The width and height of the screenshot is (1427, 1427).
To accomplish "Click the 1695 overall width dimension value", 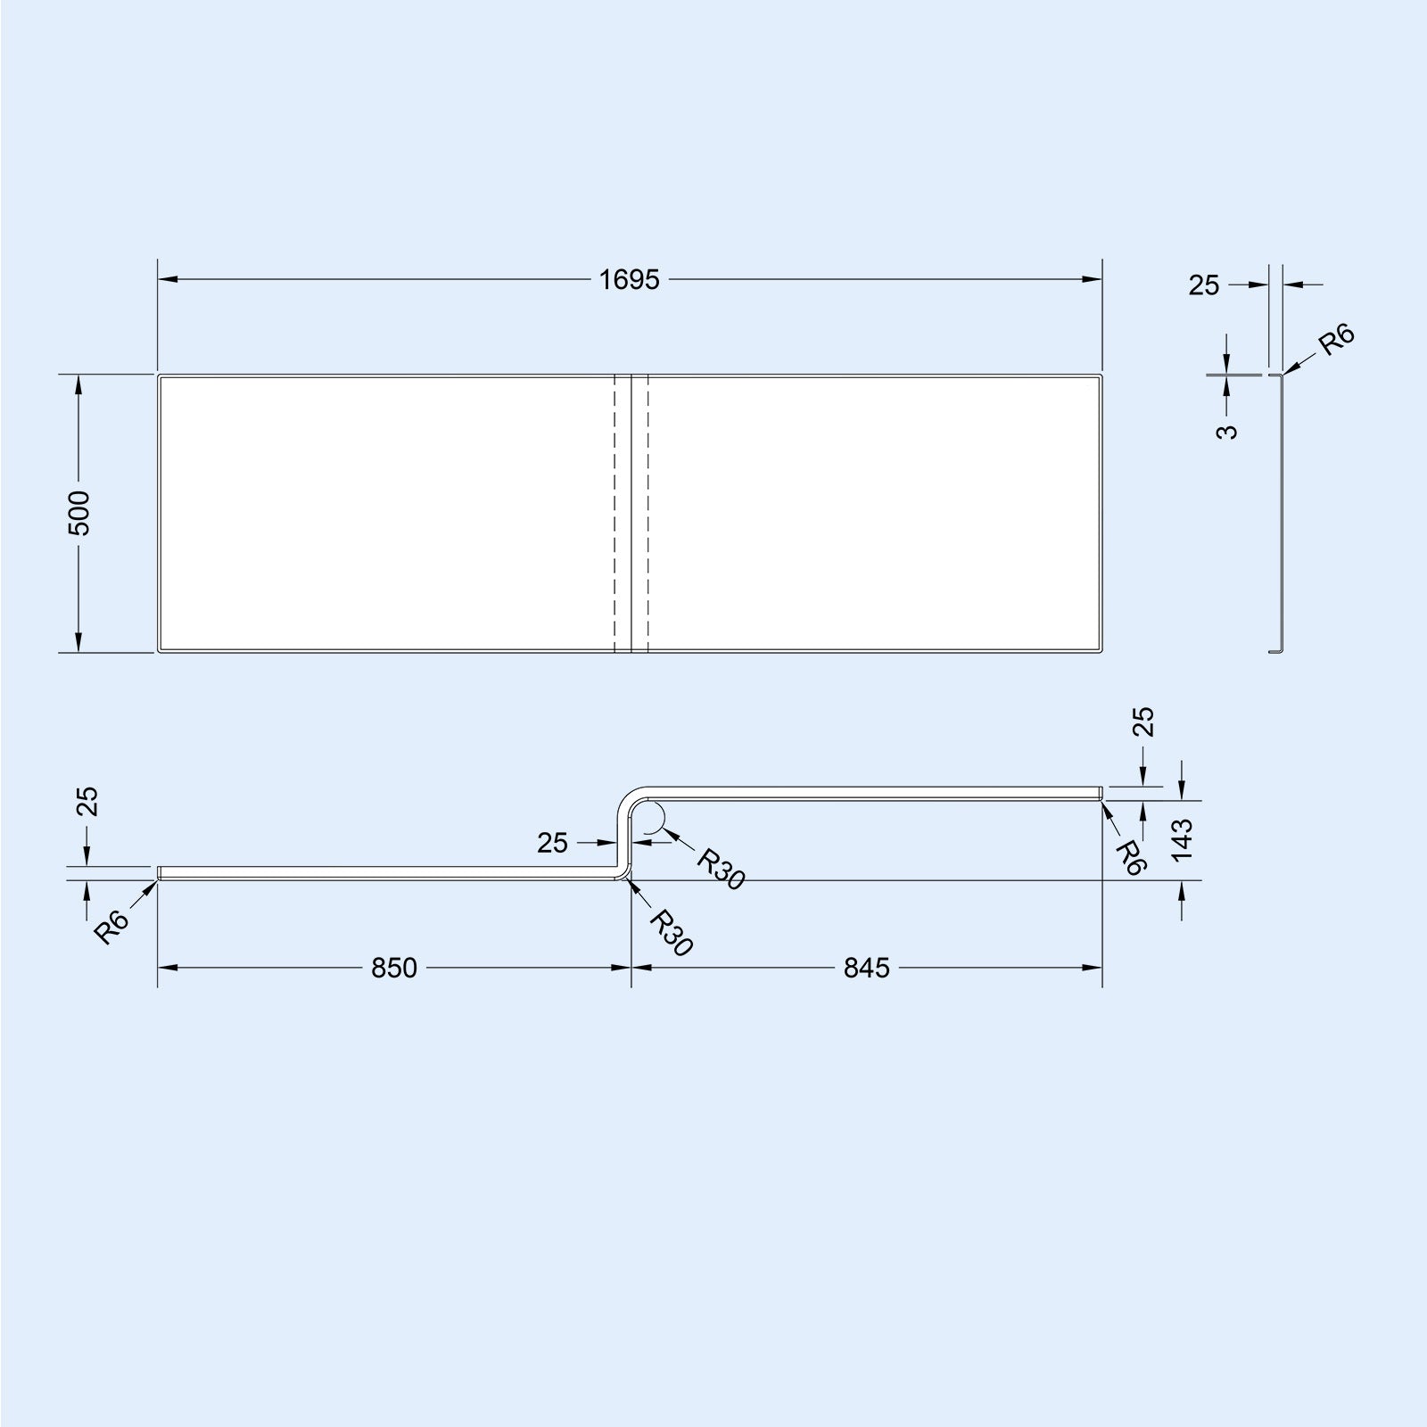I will point(629,280).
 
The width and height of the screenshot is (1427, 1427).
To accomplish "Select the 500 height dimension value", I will point(79,513).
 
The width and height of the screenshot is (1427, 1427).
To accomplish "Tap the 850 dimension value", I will point(394,968).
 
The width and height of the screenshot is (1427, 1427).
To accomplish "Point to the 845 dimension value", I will point(866,968).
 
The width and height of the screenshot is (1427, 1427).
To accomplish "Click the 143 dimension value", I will point(1183,839).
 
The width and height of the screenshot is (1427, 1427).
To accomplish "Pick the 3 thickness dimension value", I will point(1228,432).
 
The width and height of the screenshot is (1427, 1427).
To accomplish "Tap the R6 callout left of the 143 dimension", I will point(1129,857).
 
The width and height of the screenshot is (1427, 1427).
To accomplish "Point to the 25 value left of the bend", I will point(553,842).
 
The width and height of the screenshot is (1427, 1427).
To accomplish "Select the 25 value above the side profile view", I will point(1203,285).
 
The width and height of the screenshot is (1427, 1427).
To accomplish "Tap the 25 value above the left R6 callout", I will point(87,801).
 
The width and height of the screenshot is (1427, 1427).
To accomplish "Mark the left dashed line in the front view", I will point(615,513).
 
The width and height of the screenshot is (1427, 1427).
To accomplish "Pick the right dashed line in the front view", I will point(647,513).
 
